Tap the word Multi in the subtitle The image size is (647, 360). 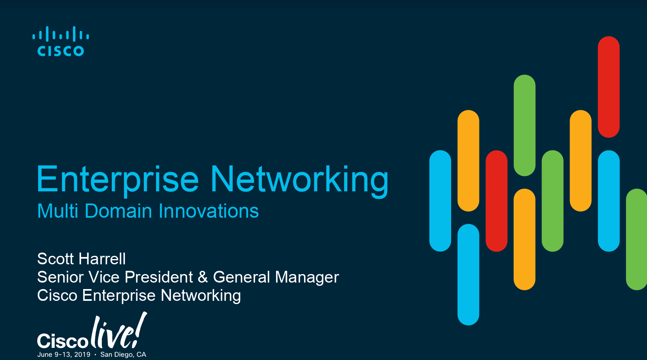click(x=58, y=211)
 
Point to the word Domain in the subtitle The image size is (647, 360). click(x=118, y=211)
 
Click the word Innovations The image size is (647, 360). click(x=208, y=211)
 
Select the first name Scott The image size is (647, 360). click(x=55, y=259)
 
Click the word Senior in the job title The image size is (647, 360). click(x=60, y=277)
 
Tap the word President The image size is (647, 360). click(x=159, y=277)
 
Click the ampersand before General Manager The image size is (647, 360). click(x=203, y=277)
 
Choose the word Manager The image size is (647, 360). click(x=307, y=277)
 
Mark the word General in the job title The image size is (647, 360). click(x=242, y=277)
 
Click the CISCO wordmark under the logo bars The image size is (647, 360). click(x=61, y=51)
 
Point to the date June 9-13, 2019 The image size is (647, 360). click(x=64, y=354)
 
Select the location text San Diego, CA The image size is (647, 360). click(x=123, y=354)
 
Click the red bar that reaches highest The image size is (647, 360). click(x=608, y=87)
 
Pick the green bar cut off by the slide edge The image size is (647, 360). click(x=636, y=239)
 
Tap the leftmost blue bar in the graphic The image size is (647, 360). click(x=440, y=201)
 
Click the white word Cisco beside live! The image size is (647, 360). click(x=62, y=341)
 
